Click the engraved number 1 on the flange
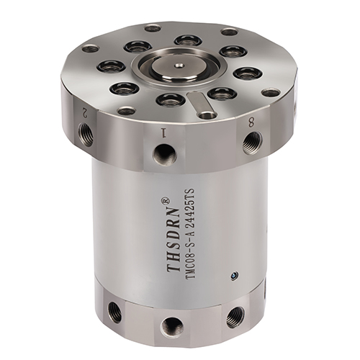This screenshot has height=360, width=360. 164,132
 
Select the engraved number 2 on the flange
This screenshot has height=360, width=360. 84,112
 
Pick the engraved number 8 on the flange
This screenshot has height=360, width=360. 251,124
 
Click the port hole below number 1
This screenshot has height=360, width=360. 166,153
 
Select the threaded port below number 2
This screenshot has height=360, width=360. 86,131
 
